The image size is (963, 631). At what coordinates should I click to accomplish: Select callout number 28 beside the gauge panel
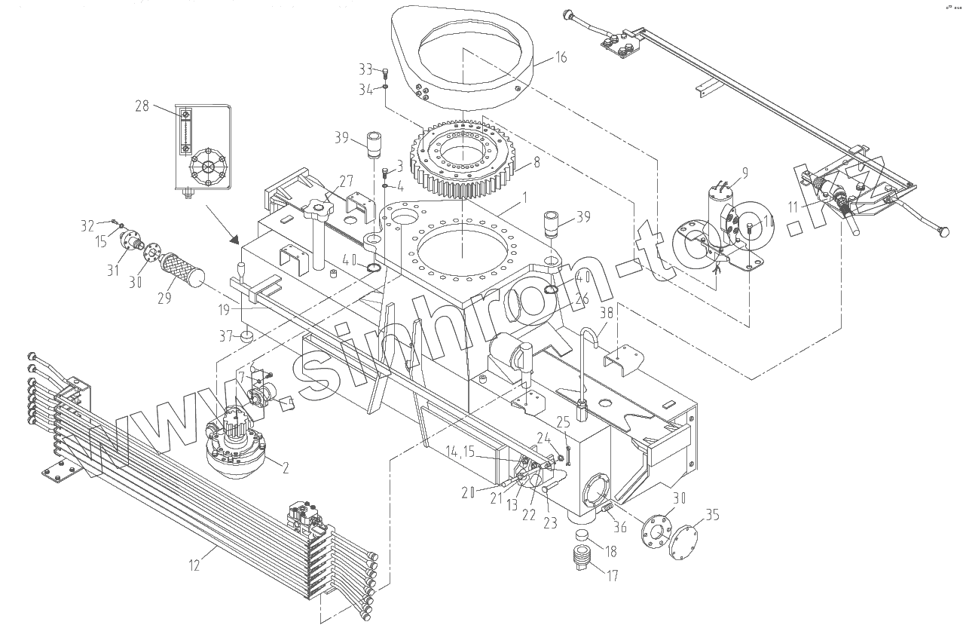pos(142,107)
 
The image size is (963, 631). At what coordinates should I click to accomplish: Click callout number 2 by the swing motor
pos(284,467)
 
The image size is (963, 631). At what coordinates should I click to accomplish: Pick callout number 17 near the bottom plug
pos(612,576)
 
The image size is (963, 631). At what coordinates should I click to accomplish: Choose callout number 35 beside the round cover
pos(713,516)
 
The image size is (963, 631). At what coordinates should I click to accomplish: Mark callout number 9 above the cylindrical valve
pos(744,173)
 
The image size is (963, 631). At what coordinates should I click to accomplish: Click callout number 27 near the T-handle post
pos(345,181)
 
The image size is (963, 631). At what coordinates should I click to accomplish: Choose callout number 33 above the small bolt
pos(365,70)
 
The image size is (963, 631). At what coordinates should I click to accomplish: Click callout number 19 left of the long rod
pos(224,308)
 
